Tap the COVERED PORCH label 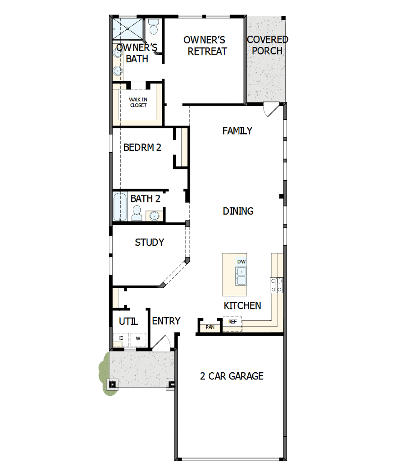[x=267, y=45]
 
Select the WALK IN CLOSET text [x=138, y=102]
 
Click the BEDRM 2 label [x=142, y=147]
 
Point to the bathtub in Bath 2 [x=120, y=207]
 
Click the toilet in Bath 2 [x=137, y=212]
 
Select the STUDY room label [x=149, y=243]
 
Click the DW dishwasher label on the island [x=241, y=262]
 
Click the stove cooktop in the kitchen [x=277, y=285]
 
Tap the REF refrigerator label [x=232, y=322]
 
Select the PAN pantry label [x=210, y=327]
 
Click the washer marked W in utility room [x=138, y=339]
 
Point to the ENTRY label [x=166, y=321]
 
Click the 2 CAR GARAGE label [x=231, y=376]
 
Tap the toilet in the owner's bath [x=154, y=27]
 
